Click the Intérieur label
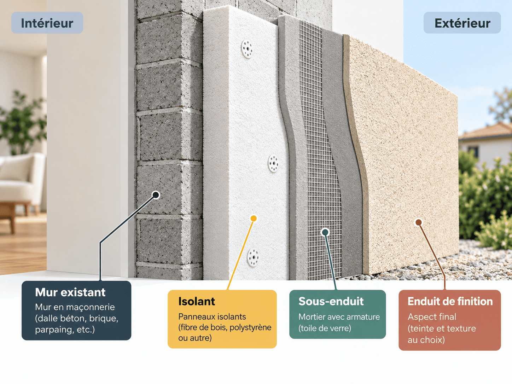pyautogui.click(x=47, y=23)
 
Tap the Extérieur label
pyautogui.click(x=462, y=23)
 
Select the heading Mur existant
pyautogui.click(x=70, y=292)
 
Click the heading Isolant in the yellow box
pyautogui.click(x=197, y=301)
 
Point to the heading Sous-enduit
pyautogui.click(x=331, y=301)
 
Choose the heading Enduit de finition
pyautogui.click(x=450, y=301)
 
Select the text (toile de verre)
pyautogui.click(x=325, y=328)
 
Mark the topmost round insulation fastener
pyautogui.click(x=247, y=49)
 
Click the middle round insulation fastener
pyautogui.click(x=273, y=163)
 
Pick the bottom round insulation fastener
pyautogui.click(x=253, y=257)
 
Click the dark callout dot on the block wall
pyautogui.click(x=156, y=195)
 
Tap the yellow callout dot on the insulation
pyautogui.click(x=254, y=219)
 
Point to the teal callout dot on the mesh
pyautogui.click(x=325, y=232)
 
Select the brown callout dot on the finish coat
pyautogui.click(x=419, y=222)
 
